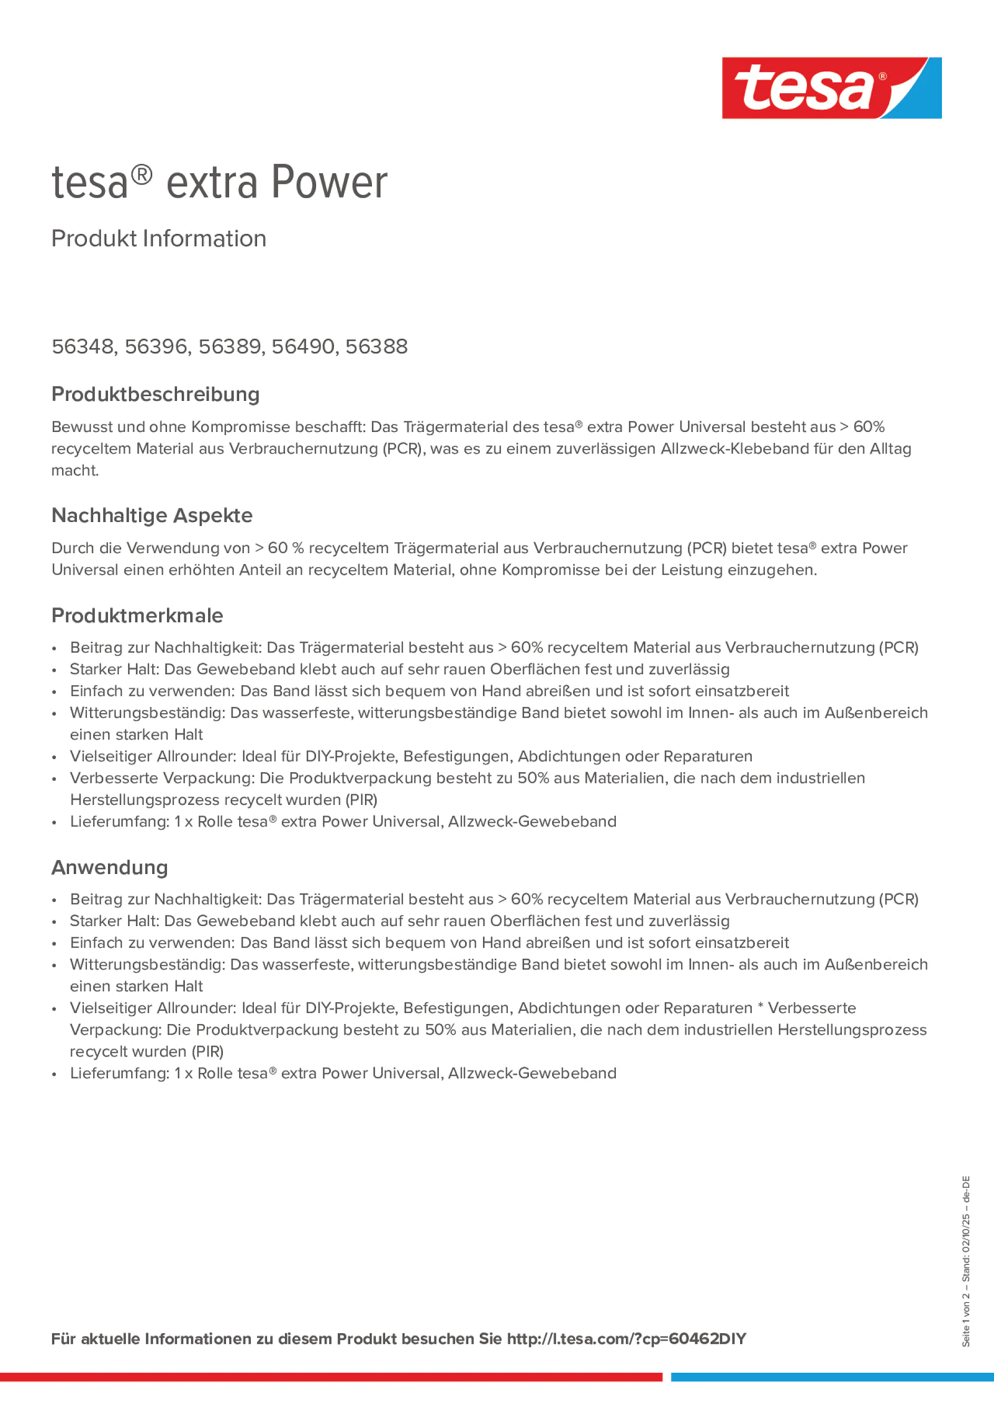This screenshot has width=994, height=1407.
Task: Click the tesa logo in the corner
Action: [x=831, y=87]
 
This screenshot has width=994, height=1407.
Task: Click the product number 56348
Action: [x=83, y=347]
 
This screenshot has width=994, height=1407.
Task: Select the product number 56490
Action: [x=303, y=347]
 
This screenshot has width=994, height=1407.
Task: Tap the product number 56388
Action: [x=376, y=347]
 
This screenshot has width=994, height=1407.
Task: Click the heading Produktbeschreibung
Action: [x=155, y=394]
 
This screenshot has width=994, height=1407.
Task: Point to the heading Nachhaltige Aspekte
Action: [x=152, y=515]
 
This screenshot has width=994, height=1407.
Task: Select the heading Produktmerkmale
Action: [x=137, y=615]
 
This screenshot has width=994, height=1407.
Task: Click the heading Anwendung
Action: [x=110, y=867]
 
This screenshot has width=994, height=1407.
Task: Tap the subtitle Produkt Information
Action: [x=159, y=239]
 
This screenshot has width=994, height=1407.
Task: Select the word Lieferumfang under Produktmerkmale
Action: [x=119, y=821]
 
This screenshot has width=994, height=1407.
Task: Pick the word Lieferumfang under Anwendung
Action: [x=119, y=1073]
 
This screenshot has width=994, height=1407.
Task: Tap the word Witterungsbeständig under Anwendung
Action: [x=147, y=965]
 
